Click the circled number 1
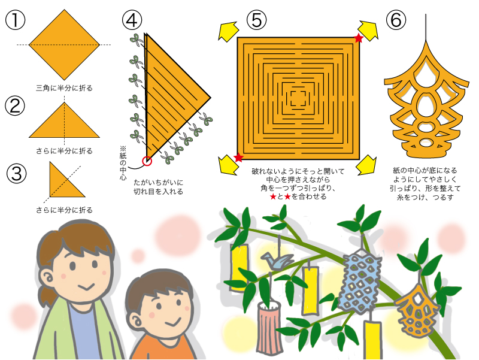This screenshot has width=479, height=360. (15, 20)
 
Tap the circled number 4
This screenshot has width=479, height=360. (132, 20)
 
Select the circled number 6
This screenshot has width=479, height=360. (396, 20)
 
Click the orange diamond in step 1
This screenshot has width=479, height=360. (65, 44)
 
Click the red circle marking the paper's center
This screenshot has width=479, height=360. (147, 161)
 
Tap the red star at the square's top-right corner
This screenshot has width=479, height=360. (359, 38)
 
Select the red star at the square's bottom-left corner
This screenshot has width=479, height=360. (238, 158)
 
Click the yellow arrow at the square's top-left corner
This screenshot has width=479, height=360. (228, 31)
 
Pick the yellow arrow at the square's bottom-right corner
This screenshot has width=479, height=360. (366, 165)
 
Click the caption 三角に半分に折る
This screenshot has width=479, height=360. (64, 88)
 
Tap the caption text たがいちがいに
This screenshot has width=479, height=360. (158, 183)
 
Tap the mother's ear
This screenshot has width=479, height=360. (47, 279)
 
